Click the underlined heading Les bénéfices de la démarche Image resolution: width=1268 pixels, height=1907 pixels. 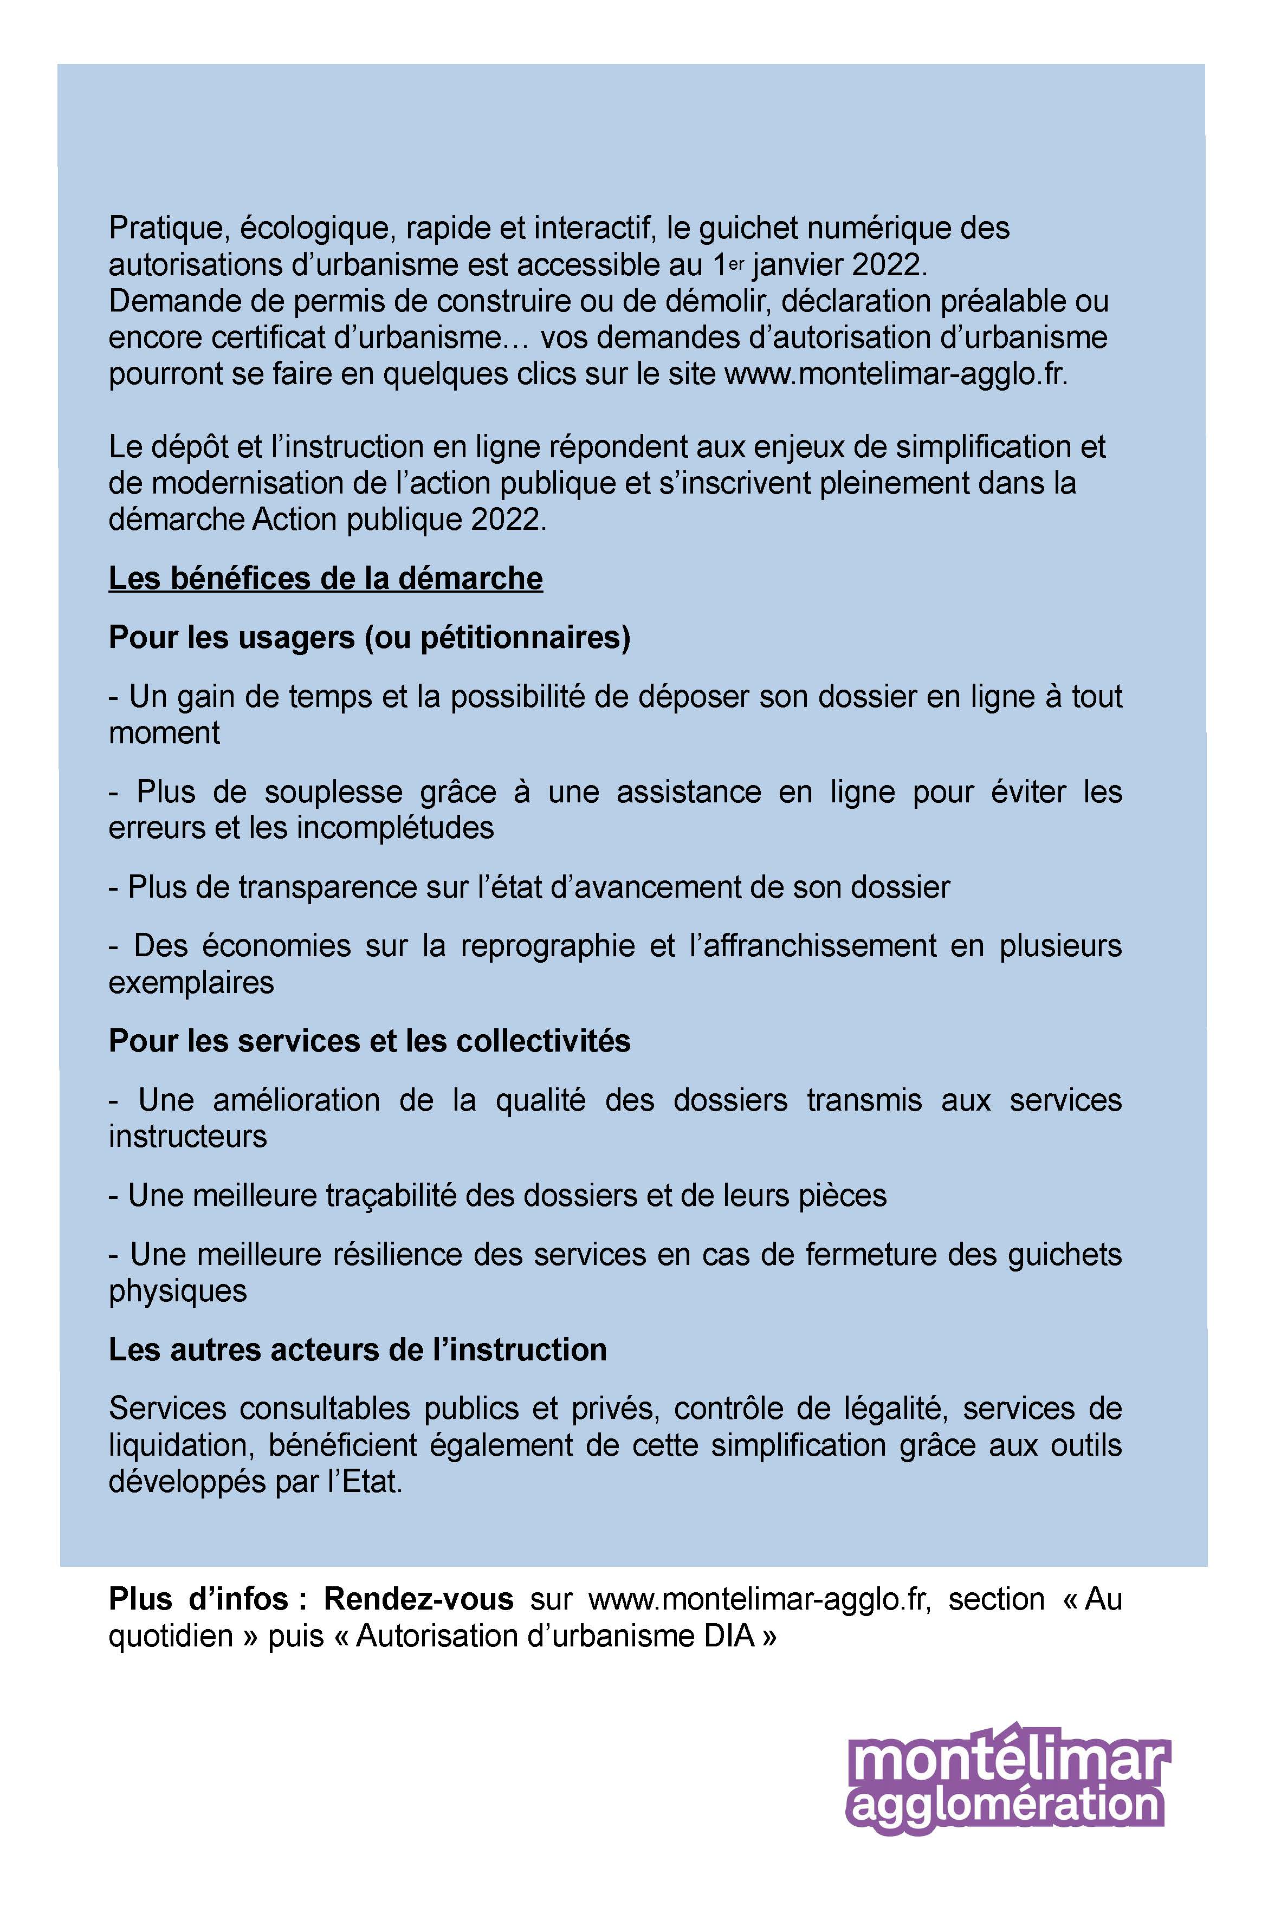tap(325, 579)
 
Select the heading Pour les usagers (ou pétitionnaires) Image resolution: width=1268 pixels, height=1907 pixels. tap(370, 638)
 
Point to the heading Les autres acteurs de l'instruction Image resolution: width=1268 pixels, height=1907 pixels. tap(358, 1350)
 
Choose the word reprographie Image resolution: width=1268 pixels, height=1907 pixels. tap(547, 946)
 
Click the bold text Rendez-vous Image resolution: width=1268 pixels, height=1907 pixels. tap(418, 1599)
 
